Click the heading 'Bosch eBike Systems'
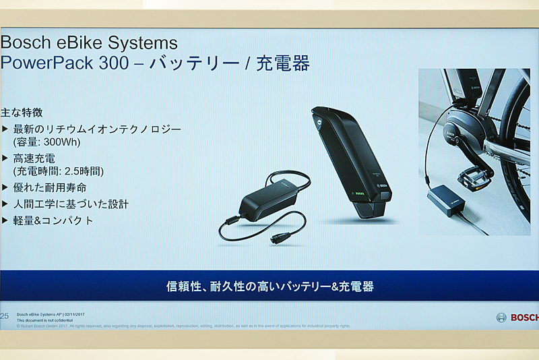[88, 44]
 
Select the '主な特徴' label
[26, 112]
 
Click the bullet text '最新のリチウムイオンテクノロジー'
[97, 128]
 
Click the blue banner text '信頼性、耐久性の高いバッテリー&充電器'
[269, 286]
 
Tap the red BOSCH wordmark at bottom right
[524, 318]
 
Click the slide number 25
[5, 316]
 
